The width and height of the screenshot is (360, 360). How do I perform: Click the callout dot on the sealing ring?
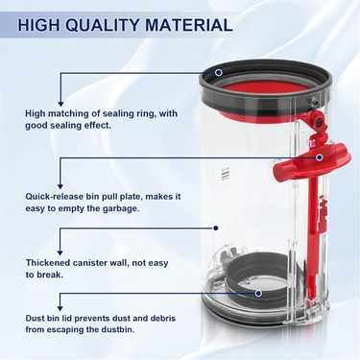pos(219,72)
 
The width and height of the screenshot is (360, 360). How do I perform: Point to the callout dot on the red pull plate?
pos(320,157)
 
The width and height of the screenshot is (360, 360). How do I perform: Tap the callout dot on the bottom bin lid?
pos(258,292)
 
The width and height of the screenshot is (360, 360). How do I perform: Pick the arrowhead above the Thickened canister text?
pos(60,252)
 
